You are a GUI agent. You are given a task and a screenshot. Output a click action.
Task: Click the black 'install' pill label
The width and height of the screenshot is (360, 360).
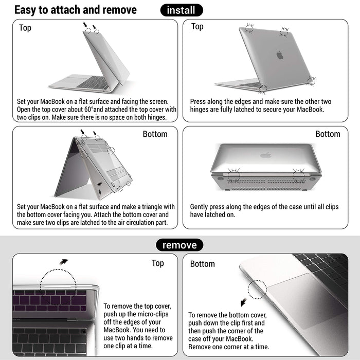(x=182, y=10)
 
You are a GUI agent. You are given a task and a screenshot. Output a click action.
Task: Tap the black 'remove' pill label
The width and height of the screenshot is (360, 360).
(x=179, y=245)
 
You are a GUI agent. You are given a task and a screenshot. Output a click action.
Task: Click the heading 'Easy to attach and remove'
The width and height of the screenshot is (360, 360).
(x=76, y=10)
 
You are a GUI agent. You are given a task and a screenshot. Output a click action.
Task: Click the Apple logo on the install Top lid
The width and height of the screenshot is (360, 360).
(x=280, y=55)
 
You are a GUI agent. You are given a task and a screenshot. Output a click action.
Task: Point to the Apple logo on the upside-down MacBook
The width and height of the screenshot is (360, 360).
(x=265, y=154)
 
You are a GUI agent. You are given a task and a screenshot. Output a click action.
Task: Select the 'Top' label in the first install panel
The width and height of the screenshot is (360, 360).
(x=25, y=28)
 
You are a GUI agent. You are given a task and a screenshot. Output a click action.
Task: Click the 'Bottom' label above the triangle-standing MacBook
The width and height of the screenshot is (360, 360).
(x=155, y=134)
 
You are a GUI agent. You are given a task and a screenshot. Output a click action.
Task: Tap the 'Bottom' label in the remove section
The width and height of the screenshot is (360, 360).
(x=203, y=264)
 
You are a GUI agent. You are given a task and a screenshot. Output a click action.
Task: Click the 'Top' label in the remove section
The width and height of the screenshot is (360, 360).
(x=158, y=263)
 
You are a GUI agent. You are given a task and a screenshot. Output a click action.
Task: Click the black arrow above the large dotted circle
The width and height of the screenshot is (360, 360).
(x=64, y=261)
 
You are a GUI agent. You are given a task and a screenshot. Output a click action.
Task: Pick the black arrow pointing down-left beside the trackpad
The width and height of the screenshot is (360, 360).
(x=243, y=302)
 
